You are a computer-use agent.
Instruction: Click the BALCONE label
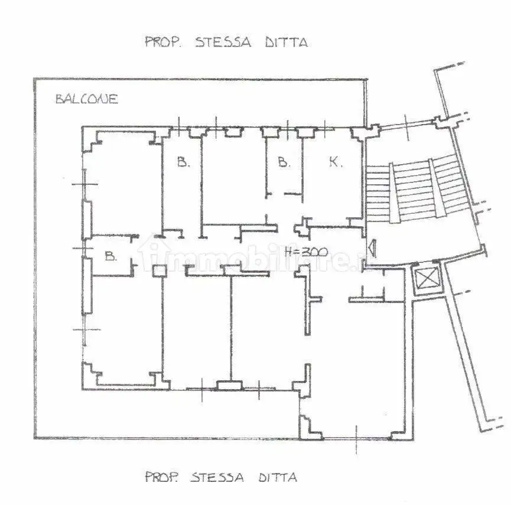(x=86, y=99)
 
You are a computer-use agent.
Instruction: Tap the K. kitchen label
(x=336, y=162)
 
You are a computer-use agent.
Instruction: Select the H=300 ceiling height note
(x=306, y=251)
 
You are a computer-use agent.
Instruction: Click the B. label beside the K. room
(x=284, y=162)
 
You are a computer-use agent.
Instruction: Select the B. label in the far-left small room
(x=109, y=256)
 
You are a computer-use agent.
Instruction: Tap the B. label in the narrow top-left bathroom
(x=183, y=162)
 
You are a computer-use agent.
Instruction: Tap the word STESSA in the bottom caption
(x=217, y=477)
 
